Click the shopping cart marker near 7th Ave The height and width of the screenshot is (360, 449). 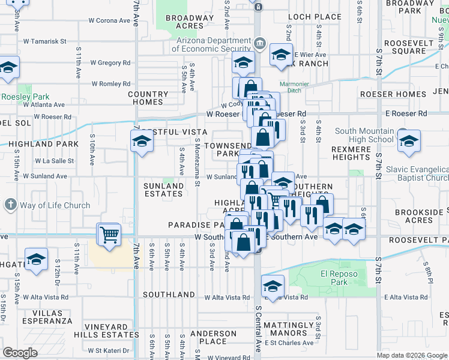click(x=109, y=234)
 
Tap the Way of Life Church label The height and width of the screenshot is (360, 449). click(x=54, y=205)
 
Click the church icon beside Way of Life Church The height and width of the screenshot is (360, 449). click(x=10, y=205)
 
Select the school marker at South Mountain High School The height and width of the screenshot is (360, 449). click(x=408, y=142)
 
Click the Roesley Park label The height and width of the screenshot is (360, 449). click(x=25, y=97)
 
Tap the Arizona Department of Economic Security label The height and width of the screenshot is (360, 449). click(x=214, y=44)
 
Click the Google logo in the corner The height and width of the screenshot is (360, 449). click(x=20, y=353)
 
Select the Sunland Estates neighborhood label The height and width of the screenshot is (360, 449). click(x=163, y=190)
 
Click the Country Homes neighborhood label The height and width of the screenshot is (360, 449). click(x=148, y=98)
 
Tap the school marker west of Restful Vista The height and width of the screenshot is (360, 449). click(x=141, y=141)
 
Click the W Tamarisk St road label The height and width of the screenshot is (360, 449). click(x=44, y=41)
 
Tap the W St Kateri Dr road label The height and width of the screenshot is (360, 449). click(x=109, y=350)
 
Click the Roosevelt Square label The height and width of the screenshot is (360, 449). click(x=408, y=47)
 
